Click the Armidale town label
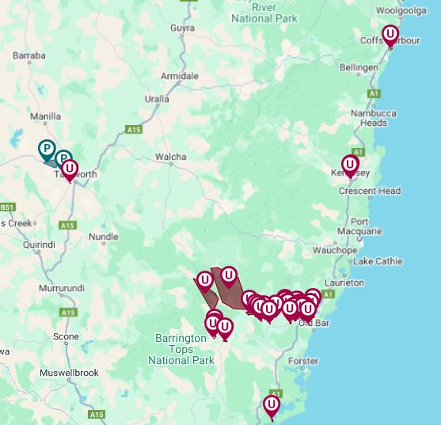180,76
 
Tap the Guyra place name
181,28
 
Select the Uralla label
156,99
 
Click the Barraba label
29,55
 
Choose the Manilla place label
45,116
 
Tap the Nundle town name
104,236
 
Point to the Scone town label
66,336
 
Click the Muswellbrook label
69,371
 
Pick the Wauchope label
335,250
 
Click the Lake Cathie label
378,261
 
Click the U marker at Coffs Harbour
390,34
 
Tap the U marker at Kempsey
350,165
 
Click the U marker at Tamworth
70,169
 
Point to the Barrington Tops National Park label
181,349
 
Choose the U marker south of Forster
272,405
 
